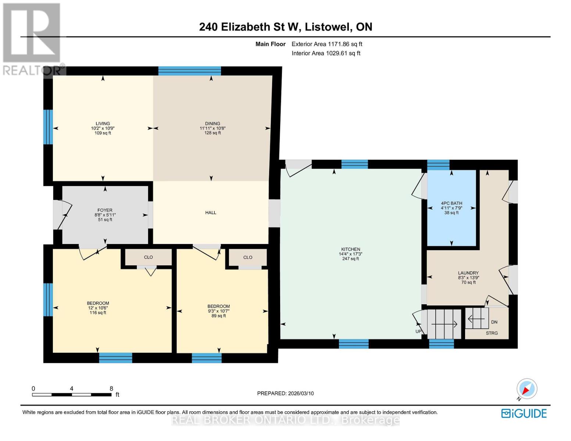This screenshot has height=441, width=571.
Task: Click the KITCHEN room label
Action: pyautogui.click(x=350, y=249)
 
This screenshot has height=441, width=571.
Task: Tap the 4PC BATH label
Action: pyautogui.click(x=452, y=203)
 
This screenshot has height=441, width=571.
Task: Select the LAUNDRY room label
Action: pyautogui.click(x=468, y=273)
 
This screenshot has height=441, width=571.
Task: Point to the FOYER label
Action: pyautogui.click(x=105, y=211)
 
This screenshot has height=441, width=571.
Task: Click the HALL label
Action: pyautogui.click(x=211, y=212)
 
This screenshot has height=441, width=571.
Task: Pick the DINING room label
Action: pyautogui.click(x=213, y=123)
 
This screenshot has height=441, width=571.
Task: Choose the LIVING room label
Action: pyautogui.click(x=103, y=123)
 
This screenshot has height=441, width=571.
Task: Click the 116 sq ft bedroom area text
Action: pyautogui.click(x=98, y=313)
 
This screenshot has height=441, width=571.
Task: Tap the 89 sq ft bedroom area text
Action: pyautogui.click(x=218, y=316)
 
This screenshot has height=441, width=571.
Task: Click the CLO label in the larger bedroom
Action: pyautogui.click(x=148, y=257)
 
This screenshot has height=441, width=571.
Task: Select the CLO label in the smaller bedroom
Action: pyautogui.click(x=248, y=257)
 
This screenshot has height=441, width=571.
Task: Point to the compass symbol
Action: pyautogui.click(x=527, y=389)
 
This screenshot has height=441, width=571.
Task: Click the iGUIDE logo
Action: pyautogui.click(x=524, y=413)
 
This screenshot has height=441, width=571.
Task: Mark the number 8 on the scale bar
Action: pyautogui.click(x=111, y=388)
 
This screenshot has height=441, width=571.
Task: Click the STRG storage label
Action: pyautogui.click(x=492, y=333)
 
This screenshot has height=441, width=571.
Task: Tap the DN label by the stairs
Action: pyautogui.click(x=494, y=322)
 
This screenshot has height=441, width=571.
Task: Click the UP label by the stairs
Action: pyautogui.click(x=418, y=331)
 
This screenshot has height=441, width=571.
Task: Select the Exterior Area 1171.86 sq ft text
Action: pyautogui.click(x=326, y=44)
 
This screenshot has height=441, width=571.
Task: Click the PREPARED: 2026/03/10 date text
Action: pyautogui.click(x=285, y=393)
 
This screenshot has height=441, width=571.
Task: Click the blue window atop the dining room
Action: pyautogui.click(x=189, y=71)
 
